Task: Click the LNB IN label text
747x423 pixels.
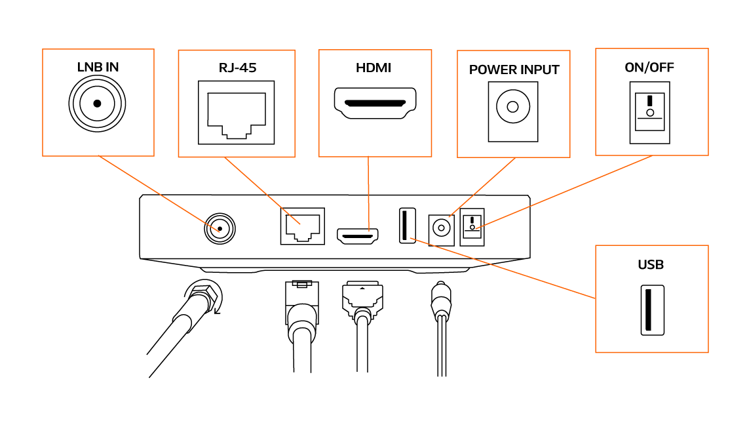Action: coord(98,67)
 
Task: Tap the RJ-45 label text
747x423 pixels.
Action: coord(237,68)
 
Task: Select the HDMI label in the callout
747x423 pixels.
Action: coord(373,68)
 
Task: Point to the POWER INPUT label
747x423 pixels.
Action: coord(514,70)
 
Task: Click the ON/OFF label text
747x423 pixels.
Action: coord(649,68)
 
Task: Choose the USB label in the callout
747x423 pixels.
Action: coord(651,265)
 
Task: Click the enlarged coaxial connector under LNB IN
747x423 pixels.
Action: coord(97,104)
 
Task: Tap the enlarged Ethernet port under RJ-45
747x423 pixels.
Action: coord(237,113)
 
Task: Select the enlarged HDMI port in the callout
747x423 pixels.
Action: coord(375,103)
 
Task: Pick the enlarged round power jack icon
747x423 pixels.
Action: coord(513,107)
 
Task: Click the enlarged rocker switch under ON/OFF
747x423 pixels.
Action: coord(650,112)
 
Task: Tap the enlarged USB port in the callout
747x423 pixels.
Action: coord(651,310)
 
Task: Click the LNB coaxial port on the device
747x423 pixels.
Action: coord(220,229)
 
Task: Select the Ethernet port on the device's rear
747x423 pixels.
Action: coord(302,226)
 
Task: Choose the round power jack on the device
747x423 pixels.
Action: coord(441,229)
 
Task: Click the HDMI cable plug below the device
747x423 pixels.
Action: coord(361,298)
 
